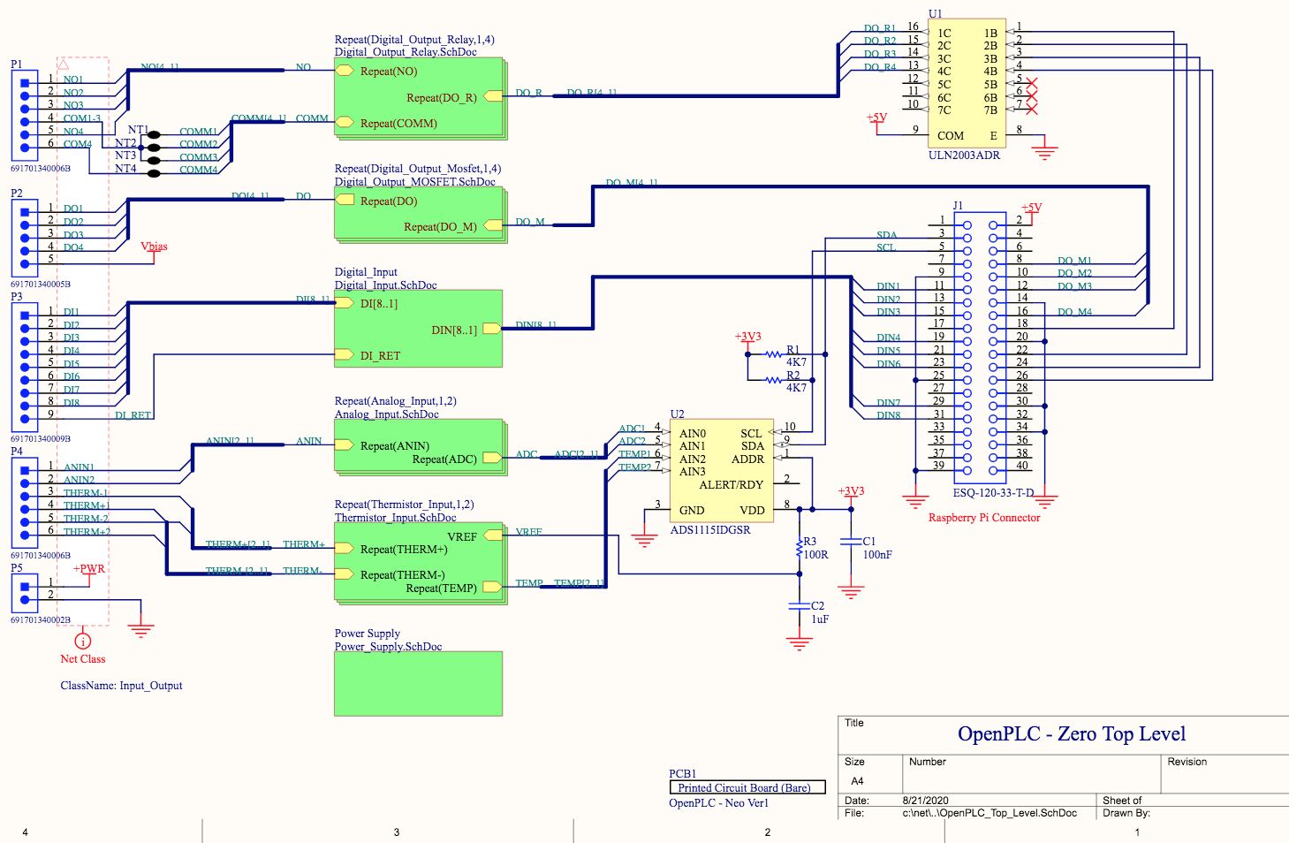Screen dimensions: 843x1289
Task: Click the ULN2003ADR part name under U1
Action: (x=964, y=156)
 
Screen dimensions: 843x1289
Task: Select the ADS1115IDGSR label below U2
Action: (x=710, y=530)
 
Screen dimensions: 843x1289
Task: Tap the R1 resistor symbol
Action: (x=774, y=354)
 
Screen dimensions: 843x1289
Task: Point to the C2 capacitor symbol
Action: (x=800, y=606)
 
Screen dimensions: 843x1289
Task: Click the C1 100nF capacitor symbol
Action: (x=851, y=542)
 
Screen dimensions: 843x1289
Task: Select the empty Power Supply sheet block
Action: (x=418, y=683)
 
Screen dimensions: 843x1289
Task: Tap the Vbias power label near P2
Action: (x=154, y=247)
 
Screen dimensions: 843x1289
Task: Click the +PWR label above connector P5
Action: (x=88, y=569)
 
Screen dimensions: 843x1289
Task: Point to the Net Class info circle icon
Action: (x=82, y=641)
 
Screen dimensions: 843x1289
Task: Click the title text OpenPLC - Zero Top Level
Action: (x=1071, y=734)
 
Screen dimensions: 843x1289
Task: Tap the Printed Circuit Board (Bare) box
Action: (x=747, y=787)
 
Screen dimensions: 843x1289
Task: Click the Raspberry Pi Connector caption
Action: (x=983, y=518)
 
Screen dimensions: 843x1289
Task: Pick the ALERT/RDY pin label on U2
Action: (x=731, y=485)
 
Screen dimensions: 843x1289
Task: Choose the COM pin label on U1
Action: (x=950, y=136)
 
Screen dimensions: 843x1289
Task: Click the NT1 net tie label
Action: (x=138, y=130)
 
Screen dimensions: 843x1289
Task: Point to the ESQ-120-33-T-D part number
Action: (x=993, y=493)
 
